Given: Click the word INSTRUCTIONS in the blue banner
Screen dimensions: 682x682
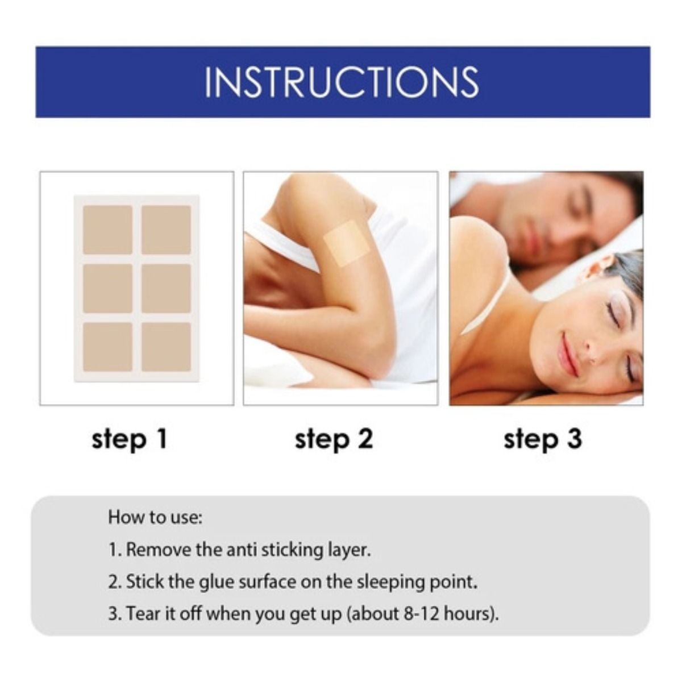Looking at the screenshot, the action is point(342,82).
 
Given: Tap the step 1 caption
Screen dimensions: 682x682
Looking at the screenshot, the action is point(130,440).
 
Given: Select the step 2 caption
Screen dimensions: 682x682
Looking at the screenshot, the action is point(334,440).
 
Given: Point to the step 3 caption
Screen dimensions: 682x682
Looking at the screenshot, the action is point(543,440).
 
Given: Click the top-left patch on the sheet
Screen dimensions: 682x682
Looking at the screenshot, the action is point(107,230).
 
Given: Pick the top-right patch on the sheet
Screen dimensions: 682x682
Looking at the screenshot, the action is point(167,230).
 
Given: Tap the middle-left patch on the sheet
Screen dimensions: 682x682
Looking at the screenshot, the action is point(107,289).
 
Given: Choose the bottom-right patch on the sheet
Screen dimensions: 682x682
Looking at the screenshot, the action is point(167,347).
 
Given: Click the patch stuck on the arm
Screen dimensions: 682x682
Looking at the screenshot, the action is point(342,244).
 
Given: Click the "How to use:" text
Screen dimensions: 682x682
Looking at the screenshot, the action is point(155,517).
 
